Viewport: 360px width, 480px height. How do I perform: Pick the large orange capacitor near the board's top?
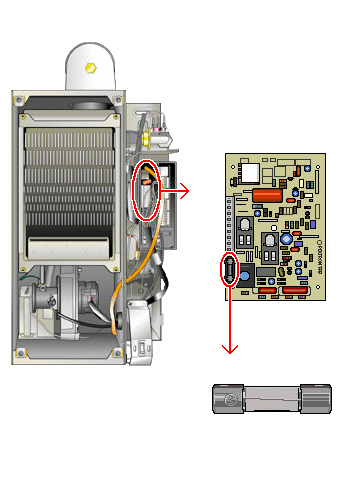[267, 195]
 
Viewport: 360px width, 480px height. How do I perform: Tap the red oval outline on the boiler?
[146, 190]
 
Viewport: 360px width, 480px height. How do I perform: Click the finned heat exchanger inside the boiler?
[68, 170]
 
